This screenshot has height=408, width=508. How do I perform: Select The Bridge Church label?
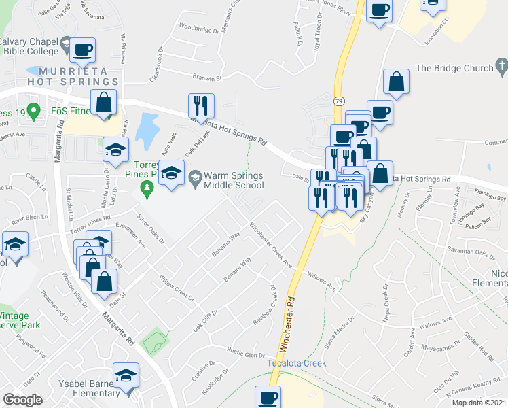coord(454,68)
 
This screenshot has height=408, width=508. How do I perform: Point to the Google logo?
coord(22,400)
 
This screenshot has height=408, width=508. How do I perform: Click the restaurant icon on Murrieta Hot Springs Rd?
coord(201,105)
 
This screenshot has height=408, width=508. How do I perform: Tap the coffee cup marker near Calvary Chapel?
coord(82,50)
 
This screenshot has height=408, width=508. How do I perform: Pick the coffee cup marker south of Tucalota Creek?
coord(268,397)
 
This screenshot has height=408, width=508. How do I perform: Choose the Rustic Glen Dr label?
coord(245,355)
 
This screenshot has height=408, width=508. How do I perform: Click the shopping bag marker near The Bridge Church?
coord(396,81)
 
